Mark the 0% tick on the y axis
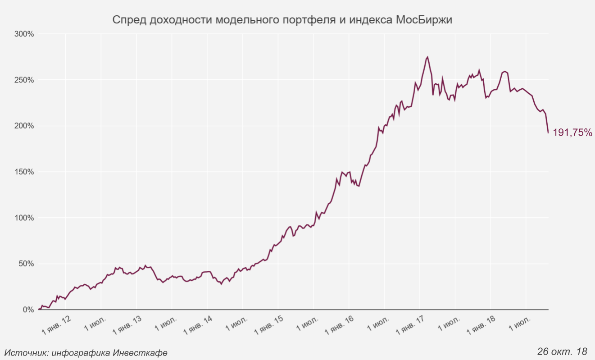[x=28, y=310]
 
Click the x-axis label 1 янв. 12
[x=56, y=325]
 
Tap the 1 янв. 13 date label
[x=127, y=325]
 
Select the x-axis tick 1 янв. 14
[x=198, y=325]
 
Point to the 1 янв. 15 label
[x=269, y=325]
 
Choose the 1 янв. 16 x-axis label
[x=340, y=325]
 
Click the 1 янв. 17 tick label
[x=411, y=325]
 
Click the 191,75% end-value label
[x=572, y=132]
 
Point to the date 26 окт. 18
[x=563, y=351]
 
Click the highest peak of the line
[x=427, y=57]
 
